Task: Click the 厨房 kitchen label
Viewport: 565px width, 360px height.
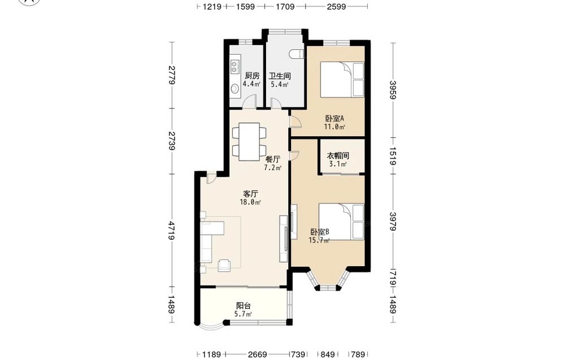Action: tap(252, 76)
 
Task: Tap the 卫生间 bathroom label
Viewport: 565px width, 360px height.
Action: tap(280, 76)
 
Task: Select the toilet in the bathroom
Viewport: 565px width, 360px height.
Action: tap(297, 54)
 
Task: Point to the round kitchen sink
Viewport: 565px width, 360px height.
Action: tap(234, 88)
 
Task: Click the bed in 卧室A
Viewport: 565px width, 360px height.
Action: tap(342, 80)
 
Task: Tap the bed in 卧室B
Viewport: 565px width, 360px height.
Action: tap(341, 222)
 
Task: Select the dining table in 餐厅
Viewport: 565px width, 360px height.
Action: tap(249, 142)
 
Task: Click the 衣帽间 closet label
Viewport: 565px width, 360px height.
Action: tap(338, 155)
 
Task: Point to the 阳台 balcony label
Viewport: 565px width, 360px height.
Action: tap(243, 306)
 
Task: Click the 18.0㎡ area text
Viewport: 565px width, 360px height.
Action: tap(250, 202)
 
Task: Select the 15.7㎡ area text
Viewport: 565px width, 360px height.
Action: tap(319, 240)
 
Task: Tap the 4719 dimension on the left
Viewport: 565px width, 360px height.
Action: tap(172, 230)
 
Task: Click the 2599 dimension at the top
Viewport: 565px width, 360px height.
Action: tap(337, 6)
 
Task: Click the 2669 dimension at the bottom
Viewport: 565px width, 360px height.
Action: tap(257, 354)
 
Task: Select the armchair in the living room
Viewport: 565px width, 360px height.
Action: tap(225, 265)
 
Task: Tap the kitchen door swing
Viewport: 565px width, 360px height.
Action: tap(249, 101)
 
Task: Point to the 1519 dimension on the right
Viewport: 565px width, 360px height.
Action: tap(393, 156)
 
